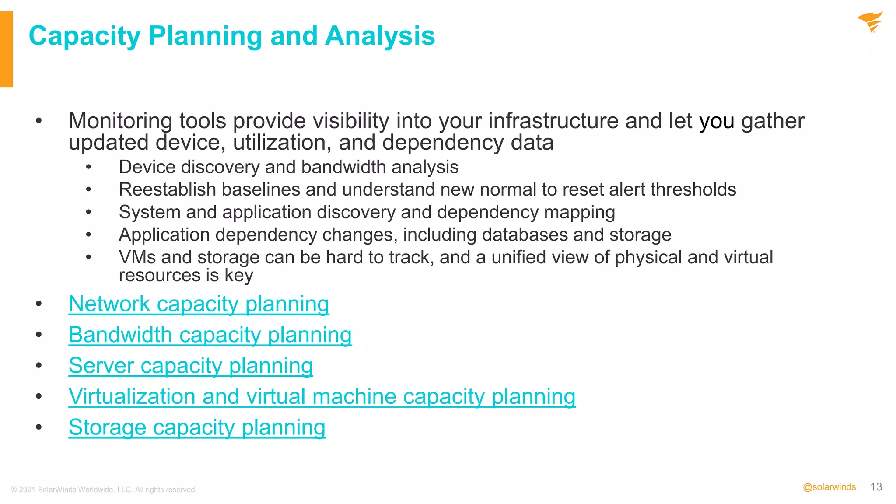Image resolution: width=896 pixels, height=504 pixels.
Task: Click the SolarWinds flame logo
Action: [870, 22]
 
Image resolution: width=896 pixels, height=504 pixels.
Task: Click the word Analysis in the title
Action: [380, 36]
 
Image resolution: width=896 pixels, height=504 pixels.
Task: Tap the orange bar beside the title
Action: [6, 49]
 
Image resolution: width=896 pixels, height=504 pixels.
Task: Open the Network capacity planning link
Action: [199, 304]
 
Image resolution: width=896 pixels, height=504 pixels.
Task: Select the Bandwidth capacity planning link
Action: [210, 335]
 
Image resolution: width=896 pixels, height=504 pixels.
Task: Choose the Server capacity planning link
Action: [190, 366]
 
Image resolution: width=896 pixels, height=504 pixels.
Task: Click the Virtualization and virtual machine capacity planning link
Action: [322, 397]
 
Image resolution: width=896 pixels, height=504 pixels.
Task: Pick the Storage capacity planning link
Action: [197, 427]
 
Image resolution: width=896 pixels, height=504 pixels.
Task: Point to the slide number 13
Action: [876, 487]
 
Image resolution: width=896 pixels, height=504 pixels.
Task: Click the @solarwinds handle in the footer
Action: [829, 487]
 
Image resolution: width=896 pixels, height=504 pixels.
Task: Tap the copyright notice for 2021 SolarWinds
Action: [104, 490]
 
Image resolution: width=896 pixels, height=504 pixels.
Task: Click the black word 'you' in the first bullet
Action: [716, 122]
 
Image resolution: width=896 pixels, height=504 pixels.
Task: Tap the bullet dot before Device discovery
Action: [89, 167]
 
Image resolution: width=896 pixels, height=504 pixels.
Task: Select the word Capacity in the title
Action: [84, 36]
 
